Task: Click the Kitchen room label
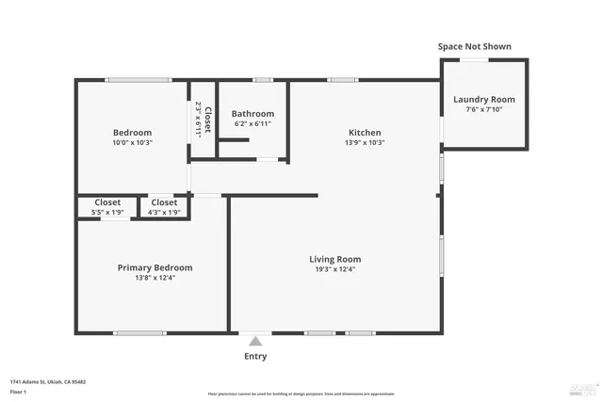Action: point(365,133)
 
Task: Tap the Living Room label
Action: point(335,259)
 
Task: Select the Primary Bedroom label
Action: point(155,267)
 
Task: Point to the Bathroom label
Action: point(253,114)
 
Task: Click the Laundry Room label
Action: point(484,100)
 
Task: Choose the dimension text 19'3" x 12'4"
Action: point(335,269)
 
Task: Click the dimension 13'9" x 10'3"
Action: point(365,143)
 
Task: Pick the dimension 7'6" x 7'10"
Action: point(484,110)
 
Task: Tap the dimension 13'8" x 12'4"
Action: point(155,278)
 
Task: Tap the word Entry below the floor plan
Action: point(254,357)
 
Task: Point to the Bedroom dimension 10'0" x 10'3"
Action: point(133,143)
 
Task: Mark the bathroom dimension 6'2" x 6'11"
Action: point(253,124)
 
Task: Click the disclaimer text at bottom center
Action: point(301,394)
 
